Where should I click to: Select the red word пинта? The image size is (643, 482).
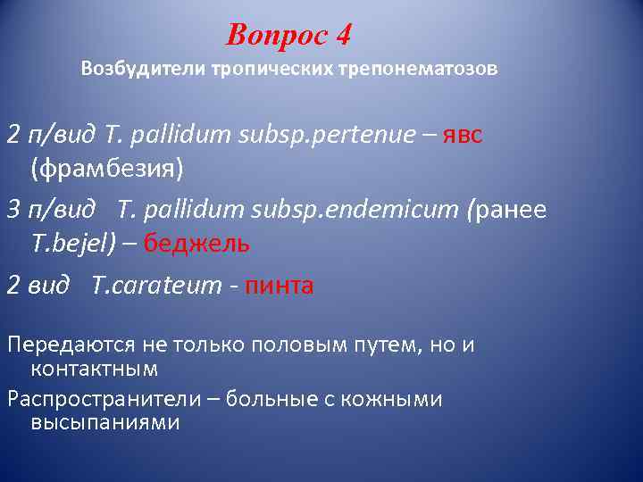[279, 287]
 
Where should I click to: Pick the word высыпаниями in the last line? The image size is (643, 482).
[105, 422]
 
